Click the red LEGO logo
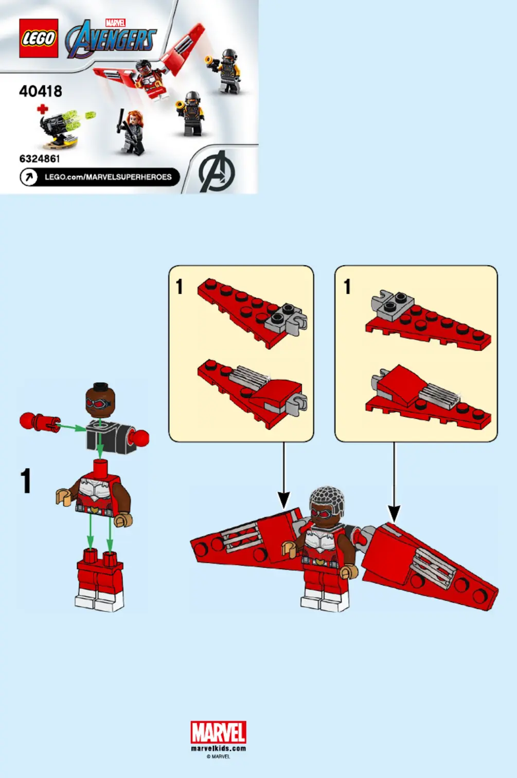(39, 38)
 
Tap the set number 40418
(41, 92)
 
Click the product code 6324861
(40, 158)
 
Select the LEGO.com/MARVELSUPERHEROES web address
(109, 177)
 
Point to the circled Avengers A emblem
(217, 171)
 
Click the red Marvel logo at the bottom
(219, 733)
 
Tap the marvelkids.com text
(219, 748)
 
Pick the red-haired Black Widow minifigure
(131, 132)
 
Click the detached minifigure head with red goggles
(100, 400)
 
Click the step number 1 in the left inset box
(179, 287)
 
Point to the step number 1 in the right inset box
(347, 287)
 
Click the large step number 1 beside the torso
(26, 481)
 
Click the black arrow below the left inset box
(284, 476)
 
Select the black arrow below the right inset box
(394, 482)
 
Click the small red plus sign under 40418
(42, 109)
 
